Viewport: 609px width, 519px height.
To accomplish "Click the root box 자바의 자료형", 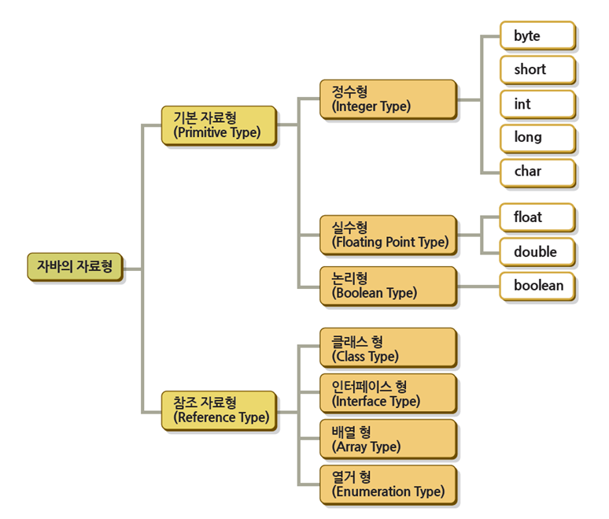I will pos(74,266).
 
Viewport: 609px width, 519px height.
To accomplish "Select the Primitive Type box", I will pos(218,125).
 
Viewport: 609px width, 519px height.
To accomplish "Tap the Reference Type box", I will pos(219,410).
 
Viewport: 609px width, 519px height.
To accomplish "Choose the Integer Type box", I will pos(388,99).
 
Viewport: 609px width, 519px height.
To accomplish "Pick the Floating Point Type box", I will pos(388,235).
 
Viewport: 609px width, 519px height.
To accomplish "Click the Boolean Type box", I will pos(388,286).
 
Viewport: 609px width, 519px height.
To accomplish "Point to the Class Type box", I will pos(388,348).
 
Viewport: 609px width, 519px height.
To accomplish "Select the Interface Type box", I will pos(388,394).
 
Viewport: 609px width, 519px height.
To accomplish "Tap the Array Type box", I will pos(388,439).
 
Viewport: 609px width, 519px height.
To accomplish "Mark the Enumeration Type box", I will pos(388,484).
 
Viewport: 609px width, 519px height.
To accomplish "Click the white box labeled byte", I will pos(537,36).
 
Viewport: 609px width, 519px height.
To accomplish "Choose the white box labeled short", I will pos(537,69).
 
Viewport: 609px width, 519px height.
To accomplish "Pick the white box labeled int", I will pos(537,104).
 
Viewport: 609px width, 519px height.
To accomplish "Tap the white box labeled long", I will pos(537,137).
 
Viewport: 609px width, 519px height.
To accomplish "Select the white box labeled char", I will pos(537,171).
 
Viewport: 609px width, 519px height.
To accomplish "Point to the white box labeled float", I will pos(537,217).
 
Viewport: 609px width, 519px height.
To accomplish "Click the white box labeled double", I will pos(537,252).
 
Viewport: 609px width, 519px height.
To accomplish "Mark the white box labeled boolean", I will pos(537,286).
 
